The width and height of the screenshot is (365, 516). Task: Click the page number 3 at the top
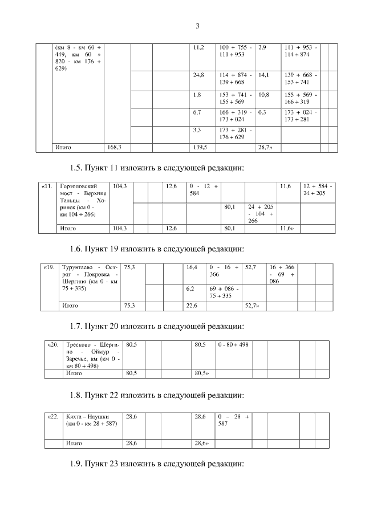[x=197, y=26]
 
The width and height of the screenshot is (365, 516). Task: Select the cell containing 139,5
[x=200, y=147]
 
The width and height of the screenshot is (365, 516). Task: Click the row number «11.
[x=47, y=186]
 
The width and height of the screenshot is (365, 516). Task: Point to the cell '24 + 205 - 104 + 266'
[x=261, y=214]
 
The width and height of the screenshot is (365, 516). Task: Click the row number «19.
[x=50, y=266]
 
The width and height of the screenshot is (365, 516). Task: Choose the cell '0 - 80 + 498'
[x=233, y=345]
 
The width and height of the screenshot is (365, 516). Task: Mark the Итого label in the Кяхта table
[x=75, y=442]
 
